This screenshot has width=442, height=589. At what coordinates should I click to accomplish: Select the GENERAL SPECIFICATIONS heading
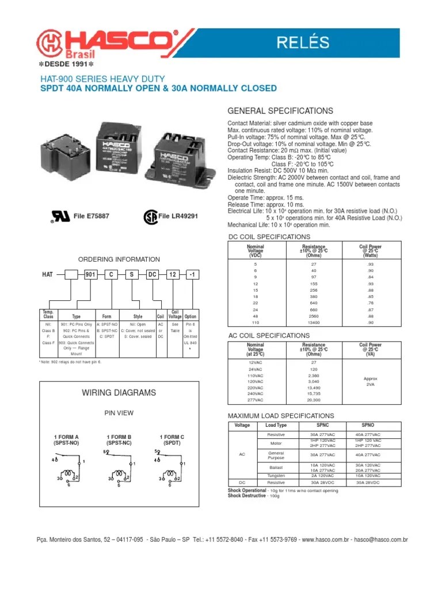tap(280, 110)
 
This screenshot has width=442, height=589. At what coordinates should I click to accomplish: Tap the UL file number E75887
tap(91, 216)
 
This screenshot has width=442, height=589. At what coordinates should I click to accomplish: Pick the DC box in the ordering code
tap(153, 276)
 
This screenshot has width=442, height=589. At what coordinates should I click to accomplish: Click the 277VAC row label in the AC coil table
tap(256, 400)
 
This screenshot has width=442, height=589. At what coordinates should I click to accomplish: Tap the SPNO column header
tap(367, 425)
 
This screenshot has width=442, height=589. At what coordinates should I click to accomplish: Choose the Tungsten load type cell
tap(276, 476)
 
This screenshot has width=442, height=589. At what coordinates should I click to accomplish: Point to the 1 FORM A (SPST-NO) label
tap(66, 439)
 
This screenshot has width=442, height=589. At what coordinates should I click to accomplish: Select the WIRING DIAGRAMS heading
tap(119, 392)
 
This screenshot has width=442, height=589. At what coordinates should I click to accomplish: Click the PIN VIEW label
tap(119, 412)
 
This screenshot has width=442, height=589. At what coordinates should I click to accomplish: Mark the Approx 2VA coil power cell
tap(370, 381)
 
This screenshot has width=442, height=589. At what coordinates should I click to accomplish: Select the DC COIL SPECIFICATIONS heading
tap(269, 237)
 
